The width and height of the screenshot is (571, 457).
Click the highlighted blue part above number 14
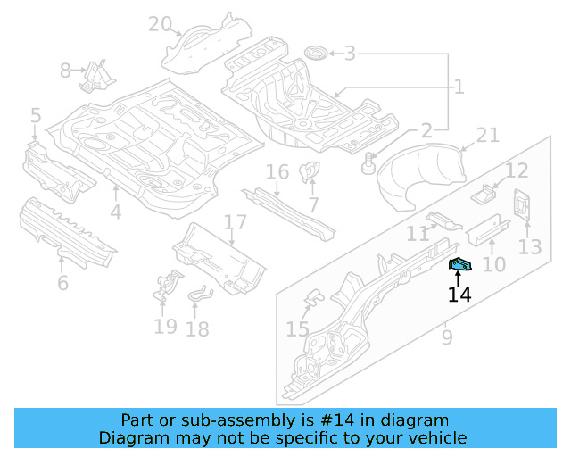pyautogui.click(x=459, y=264)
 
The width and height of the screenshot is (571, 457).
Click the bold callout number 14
pyautogui.click(x=459, y=294)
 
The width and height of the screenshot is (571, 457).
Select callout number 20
pyautogui.click(x=160, y=24)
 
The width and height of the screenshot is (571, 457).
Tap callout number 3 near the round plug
pyautogui.click(x=350, y=54)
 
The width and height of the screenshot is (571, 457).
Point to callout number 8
pyautogui.click(x=66, y=70)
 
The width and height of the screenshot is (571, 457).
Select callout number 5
pyautogui.click(x=36, y=115)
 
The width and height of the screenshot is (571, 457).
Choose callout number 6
pyautogui.click(x=62, y=284)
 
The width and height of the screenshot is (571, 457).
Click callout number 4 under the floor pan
pyautogui.click(x=116, y=212)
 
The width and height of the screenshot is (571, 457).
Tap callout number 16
pyautogui.click(x=277, y=171)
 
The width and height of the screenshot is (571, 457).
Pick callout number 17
pyautogui.click(x=234, y=222)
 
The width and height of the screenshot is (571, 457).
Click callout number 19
pyautogui.click(x=165, y=326)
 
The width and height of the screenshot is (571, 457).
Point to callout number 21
pyautogui.click(x=487, y=136)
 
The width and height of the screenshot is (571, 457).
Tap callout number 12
pyautogui.click(x=517, y=170)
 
